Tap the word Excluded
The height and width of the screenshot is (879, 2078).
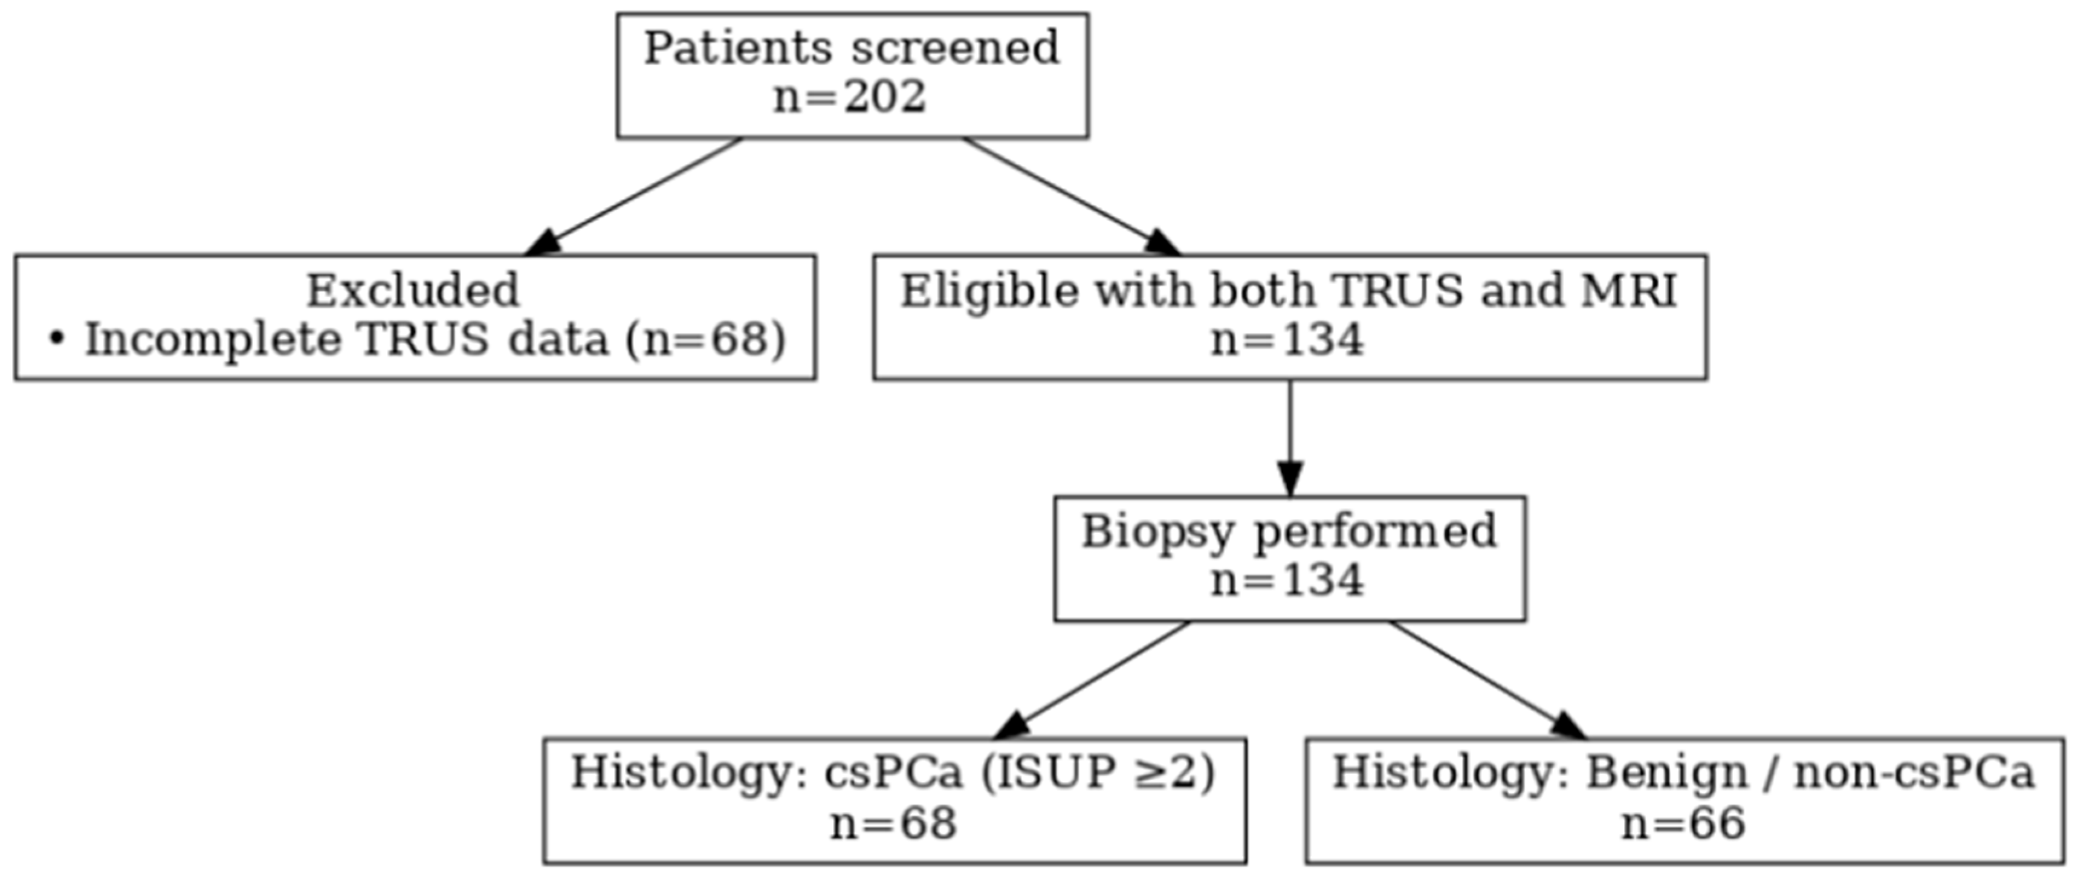click(413, 291)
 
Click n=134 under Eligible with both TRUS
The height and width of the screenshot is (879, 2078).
click(1288, 340)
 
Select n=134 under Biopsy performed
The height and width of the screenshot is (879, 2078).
click(1288, 580)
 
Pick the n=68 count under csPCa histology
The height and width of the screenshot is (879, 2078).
click(894, 824)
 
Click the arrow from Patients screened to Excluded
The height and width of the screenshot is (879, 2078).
click(633, 196)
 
